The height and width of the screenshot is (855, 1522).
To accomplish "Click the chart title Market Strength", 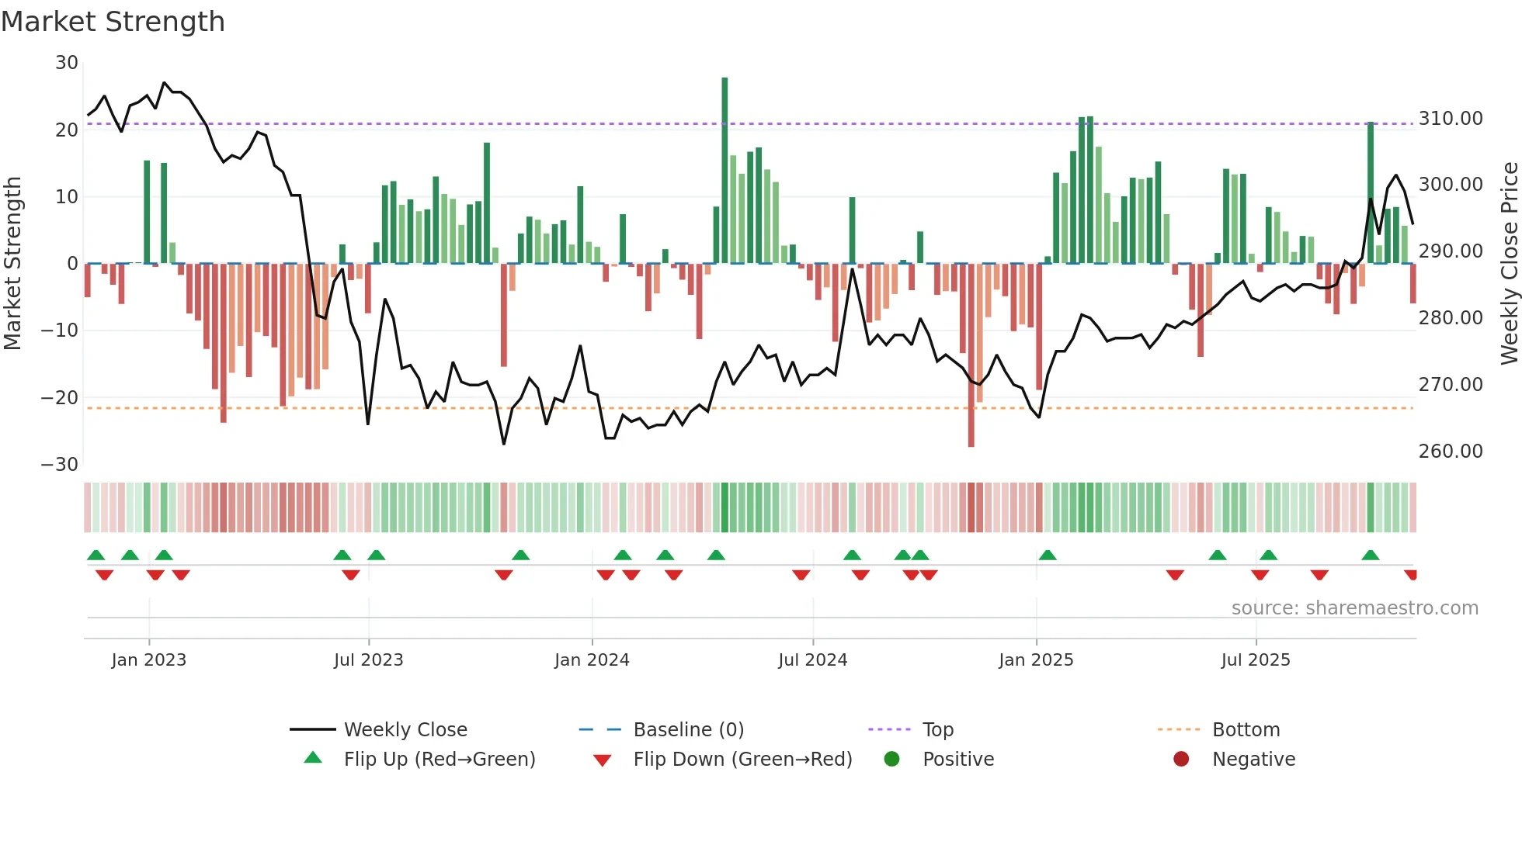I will (113, 22).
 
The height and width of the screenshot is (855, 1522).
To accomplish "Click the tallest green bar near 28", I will (725, 171).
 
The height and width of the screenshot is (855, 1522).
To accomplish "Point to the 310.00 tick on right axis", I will (1450, 119).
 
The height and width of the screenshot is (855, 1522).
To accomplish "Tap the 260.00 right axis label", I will (1450, 452).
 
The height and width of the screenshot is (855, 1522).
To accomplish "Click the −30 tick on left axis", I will (60, 465).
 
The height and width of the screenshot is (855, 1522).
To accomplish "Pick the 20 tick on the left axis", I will (67, 130).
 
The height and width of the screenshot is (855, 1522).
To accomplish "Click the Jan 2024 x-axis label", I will (592, 660).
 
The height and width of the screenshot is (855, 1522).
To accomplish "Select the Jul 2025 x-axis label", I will (1255, 660).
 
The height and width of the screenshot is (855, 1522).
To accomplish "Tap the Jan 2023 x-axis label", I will (148, 660).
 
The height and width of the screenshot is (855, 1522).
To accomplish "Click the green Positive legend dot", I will (891, 760).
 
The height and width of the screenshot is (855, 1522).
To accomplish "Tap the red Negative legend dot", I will (1181, 760).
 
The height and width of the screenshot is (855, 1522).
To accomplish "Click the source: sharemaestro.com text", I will (1354, 608).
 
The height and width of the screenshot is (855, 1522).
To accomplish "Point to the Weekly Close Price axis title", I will (1509, 264).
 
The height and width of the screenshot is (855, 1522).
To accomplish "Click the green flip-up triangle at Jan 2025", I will (1048, 556).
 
